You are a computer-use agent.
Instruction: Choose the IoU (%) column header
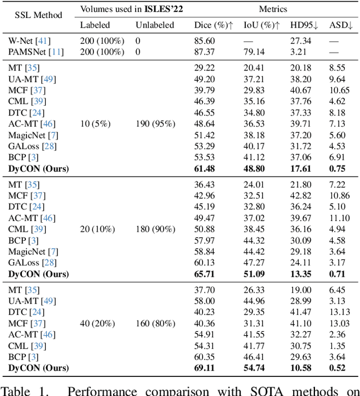tap(260, 25)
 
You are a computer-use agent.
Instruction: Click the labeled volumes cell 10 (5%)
tap(94, 123)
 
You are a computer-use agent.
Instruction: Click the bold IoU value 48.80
tap(254, 169)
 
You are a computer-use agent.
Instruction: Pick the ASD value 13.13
tap(339, 312)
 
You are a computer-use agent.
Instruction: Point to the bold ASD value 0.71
tap(339, 274)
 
